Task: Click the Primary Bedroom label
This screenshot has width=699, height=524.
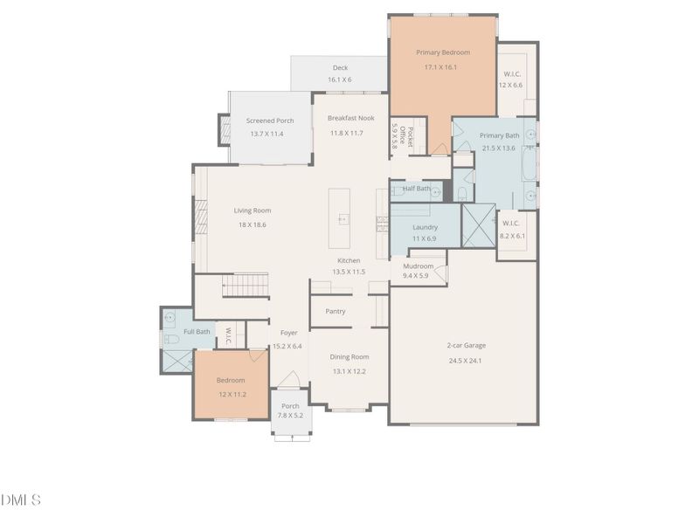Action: coord(442,52)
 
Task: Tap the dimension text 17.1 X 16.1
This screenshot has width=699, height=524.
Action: coord(441,67)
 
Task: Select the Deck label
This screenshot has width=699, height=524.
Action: coord(340,68)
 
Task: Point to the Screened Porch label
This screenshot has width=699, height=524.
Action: coord(269,121)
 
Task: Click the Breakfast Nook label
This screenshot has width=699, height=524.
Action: coord(350,118)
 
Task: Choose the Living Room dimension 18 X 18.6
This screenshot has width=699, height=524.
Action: coord(252,224)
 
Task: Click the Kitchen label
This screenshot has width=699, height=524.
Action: coord(349,260)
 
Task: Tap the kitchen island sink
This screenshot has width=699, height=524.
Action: coord(343,219)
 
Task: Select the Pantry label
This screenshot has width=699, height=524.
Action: coord(335,311)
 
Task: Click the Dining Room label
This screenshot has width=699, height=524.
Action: coord(349,356)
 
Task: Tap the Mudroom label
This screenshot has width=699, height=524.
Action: coord(418,265)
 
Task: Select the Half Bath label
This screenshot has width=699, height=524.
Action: coord(416,188)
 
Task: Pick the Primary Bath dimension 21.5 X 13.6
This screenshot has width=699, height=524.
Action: coord(500,148)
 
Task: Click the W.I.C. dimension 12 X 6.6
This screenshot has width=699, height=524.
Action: coord(510,85)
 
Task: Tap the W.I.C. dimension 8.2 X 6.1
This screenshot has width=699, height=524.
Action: coord(511,235)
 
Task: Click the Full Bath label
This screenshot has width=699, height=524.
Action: coord(197,331)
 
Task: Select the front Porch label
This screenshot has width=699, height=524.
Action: coord(290,405)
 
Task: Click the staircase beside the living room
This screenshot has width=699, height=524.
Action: coord(244,285)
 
